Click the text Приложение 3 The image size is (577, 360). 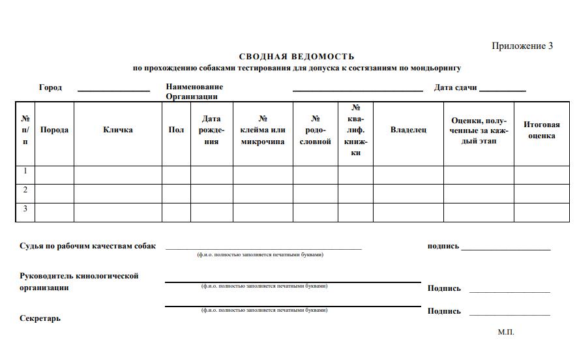pyautogui.click(x=522, y=46)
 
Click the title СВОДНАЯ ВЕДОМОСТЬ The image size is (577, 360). pyautogui.click(x=297, y=57)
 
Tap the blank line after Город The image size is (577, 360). pyautogui.click(x=114, y=90)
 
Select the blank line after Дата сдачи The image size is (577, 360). pyautogui.click(x=503, y=90)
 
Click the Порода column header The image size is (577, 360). pyautogui.click(x=54, y=130)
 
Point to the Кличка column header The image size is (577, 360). pyautogui.click(x=118, y=130)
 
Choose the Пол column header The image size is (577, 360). pyautogui.click(x=176, y=130)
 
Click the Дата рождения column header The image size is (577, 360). pyautogui.click(x=212, y=130)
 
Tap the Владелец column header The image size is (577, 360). pyautogui.click(x=408, y=130)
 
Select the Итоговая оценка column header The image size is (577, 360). pyautogui.click(x=542, y=130)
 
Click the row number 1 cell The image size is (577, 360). pyautogui.click(x=25, y=172)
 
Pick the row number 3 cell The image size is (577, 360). pyautogui.click(x=25, y=209)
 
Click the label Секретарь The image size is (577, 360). pyautogui.click(x=40, y=318)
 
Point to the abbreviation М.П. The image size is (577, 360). pyautogui.click(x=506, y=332)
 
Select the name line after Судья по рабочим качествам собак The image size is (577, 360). pyautogui.click(x=263, y=248)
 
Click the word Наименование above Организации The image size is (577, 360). pyautogui.click(x=194, y=86)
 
